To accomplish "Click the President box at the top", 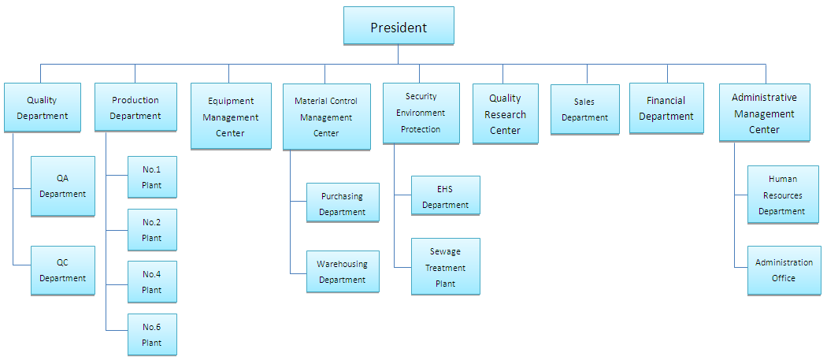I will pos(399,26).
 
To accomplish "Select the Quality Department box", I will pos(42,108).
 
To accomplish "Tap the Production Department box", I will pos(135,108).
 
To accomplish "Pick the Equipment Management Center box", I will pos(230,117).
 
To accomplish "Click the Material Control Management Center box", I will pos(326,117).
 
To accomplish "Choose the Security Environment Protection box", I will pos(421,113).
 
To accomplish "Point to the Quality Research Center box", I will pos(505,114).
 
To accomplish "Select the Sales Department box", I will pos(584,109).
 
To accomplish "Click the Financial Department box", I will pos(666,109).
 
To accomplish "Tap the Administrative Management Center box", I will pos(764,113).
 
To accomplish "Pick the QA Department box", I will pos(62,186).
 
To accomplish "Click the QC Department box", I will pos(62,270).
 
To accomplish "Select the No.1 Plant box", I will pos(152,177).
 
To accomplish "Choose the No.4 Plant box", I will pos(152,282).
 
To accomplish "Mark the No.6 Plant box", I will pos(152,335).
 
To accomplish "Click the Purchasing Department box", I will pos(343,203).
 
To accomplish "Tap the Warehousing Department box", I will pos(343,272).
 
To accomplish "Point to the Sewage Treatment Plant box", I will pos(445,267).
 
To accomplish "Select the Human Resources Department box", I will pos(782,195).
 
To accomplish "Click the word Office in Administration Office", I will pos(784,279).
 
